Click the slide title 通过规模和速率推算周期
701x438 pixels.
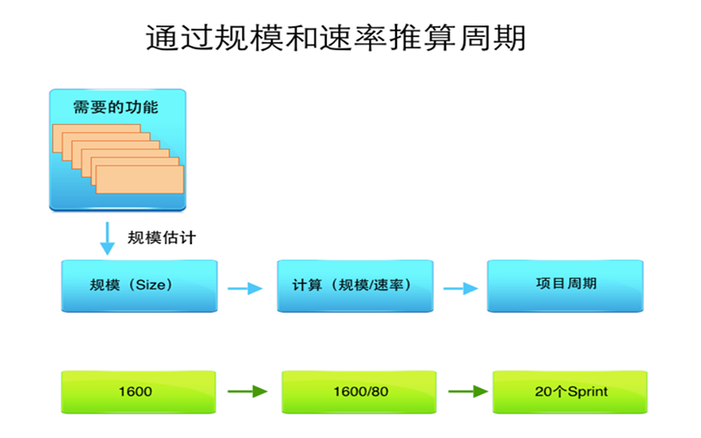(x=336, y=38)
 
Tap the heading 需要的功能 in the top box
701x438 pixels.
(x=117, y=108)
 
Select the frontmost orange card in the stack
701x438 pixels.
(x=140, y=180)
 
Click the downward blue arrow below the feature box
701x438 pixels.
(x=107, y=237)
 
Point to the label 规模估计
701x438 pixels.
(x=162, y=238)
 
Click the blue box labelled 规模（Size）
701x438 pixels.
(x=138, y=285)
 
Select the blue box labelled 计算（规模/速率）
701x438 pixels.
(x=354, y=285)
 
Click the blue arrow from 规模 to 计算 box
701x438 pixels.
(x=244, y=287)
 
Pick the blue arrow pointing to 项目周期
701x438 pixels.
(x=459, y=287)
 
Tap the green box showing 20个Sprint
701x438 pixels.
(x=570, y=392)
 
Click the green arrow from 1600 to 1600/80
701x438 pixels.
(x=246, y=392)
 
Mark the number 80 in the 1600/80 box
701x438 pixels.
(x=379, y=392)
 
